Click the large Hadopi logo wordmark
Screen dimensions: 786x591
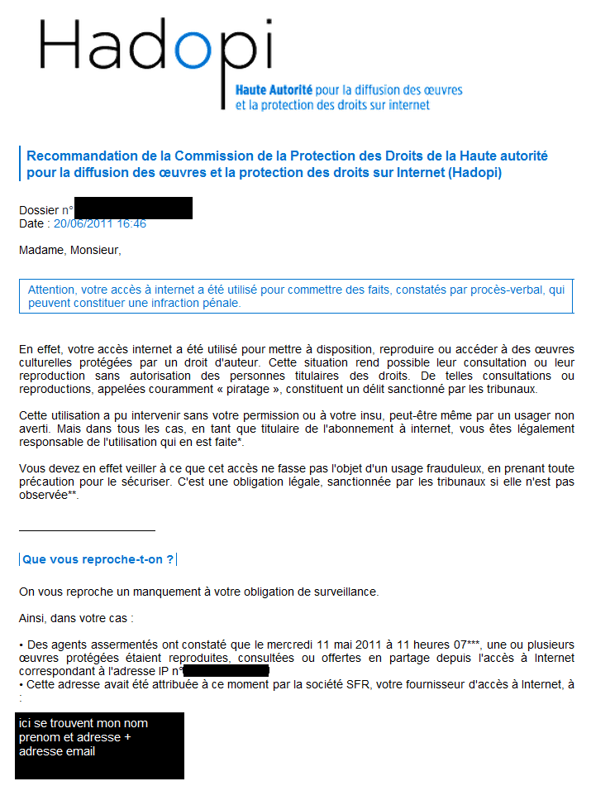[x=155, y=47]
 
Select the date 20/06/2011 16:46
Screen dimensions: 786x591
[x=99, y=223]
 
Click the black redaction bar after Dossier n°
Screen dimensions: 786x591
[x=133, y=208]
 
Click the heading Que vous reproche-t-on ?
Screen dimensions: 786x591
[x=98, y=559]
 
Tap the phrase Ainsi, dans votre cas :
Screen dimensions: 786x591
[x=76, y=618]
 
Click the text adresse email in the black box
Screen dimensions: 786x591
[x=57, y=751]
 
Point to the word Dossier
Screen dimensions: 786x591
[x=39, y=210]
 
